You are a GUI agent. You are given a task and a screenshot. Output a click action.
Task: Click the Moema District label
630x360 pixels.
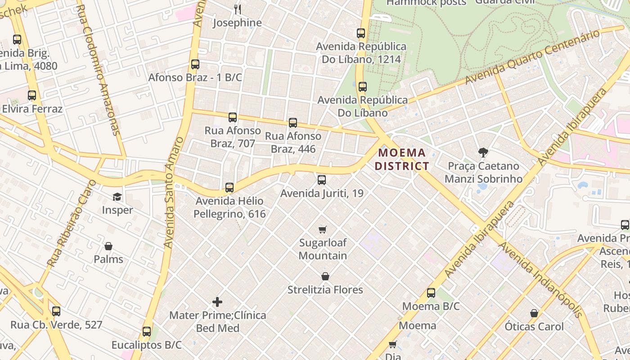pos(401,159)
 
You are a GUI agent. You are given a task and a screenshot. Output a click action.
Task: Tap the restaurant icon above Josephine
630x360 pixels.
pos(238,9)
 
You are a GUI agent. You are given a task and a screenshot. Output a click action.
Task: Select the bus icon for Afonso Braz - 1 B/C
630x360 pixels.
pos(195,64)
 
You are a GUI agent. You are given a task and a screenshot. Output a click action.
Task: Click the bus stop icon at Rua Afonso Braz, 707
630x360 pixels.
pos(232,117)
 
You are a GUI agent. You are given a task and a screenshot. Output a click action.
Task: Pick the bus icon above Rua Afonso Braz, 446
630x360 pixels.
pos(293,123)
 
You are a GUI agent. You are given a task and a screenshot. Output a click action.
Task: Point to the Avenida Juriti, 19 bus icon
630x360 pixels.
pos(321,180)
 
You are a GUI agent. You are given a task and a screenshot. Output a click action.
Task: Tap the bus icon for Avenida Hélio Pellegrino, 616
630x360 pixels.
pos(229,188)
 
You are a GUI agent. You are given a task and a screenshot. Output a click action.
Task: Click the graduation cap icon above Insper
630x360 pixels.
pos(117,197)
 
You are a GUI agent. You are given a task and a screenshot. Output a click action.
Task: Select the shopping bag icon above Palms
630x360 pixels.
pos(108,246)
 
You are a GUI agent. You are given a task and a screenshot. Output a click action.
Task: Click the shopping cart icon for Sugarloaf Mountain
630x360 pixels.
pos(323,230)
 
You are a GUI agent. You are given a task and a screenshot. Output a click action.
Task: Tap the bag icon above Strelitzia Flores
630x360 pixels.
pos(325,276)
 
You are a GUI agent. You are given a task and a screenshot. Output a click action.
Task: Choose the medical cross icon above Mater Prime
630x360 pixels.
pos(217,302)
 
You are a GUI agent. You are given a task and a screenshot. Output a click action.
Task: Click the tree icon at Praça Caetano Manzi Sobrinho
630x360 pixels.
pos(483,153)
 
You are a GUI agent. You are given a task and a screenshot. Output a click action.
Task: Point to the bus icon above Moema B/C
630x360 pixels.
pos(431,293)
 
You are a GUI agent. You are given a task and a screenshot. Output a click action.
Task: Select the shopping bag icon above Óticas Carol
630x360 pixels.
pos(534,313)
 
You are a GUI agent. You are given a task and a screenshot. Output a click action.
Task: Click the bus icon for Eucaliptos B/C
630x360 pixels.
pos(146,332)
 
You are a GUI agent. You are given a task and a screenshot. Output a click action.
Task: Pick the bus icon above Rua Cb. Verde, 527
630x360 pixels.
pos(56,311)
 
